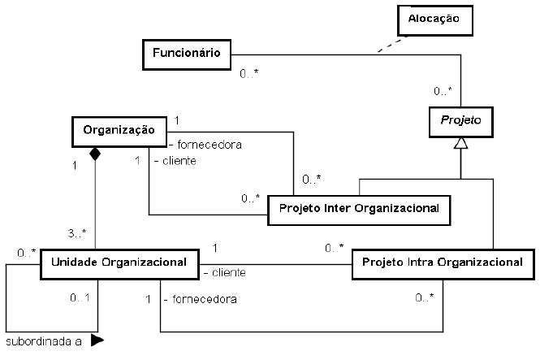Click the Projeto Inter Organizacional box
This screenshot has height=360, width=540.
click(358, 208)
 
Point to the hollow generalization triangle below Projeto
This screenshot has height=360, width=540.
click(460, 143)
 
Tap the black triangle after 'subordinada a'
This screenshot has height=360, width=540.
click(97, 340)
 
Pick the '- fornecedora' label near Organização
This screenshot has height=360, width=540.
click(206, 145)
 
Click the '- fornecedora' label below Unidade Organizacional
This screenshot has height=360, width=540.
click(200, 299)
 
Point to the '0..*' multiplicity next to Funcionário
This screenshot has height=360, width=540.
click(249, 74)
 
